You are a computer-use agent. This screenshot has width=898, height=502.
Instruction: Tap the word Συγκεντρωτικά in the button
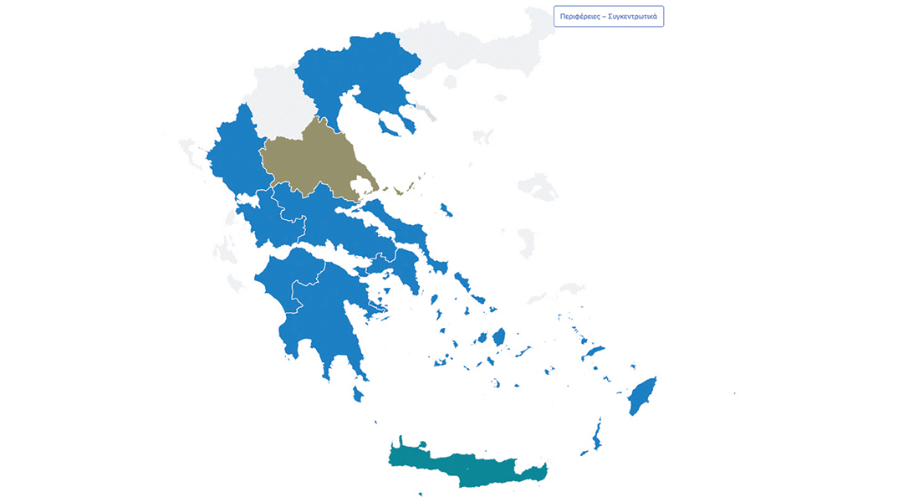[632, 17]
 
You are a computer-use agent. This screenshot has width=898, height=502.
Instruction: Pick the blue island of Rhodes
[643, 396]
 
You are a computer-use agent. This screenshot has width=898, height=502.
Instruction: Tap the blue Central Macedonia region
[360, 67]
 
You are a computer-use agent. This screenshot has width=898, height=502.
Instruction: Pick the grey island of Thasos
[451, 82]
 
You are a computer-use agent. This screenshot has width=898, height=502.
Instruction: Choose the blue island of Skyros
[446, 209]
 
